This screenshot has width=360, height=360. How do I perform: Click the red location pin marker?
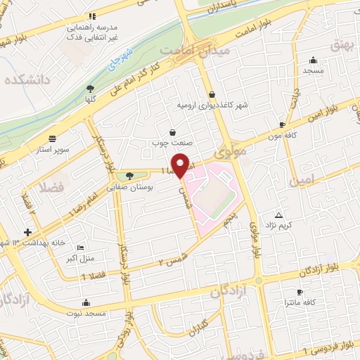pos(181,165)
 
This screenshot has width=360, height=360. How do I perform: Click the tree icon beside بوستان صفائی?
pos(129,176)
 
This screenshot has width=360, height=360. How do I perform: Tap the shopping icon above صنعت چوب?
pos(173,131)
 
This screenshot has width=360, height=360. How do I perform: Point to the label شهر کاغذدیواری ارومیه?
pos(213,105)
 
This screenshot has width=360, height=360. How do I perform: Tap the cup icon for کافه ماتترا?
pos(300,292)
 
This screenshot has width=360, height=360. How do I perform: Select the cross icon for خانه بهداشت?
pos(27,232)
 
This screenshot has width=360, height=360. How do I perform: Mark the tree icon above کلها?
pos(89,89)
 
